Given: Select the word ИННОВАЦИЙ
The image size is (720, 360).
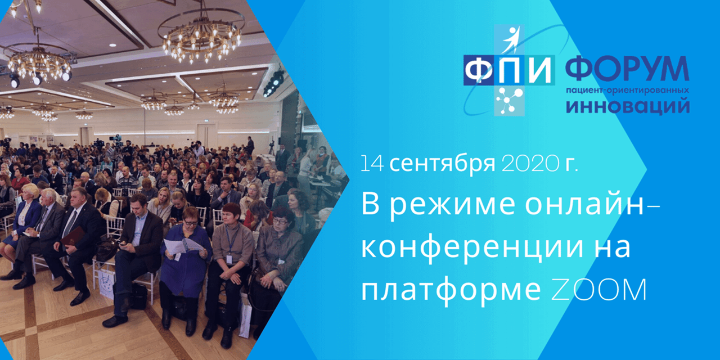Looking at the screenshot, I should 627,106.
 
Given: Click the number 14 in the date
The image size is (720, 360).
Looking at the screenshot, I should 372,164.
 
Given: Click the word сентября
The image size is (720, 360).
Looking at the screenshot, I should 442,164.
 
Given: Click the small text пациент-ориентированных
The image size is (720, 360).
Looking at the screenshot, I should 627,90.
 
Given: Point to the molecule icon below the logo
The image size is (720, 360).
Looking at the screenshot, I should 507,100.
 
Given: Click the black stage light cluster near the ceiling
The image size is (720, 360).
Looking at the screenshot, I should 274,83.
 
